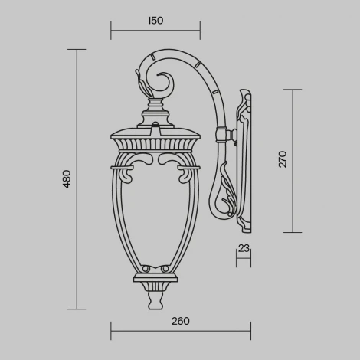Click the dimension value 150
click(155, 21)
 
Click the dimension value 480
click(67, 179)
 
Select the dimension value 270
click(283, 159)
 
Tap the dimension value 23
click(244, 248)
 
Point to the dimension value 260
click(181, 321)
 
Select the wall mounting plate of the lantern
click(246, 161)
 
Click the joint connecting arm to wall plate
click(227, 136)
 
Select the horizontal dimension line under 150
click(155, 31)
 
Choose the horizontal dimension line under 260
click(181, 331)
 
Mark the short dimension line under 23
click(244, 259)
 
